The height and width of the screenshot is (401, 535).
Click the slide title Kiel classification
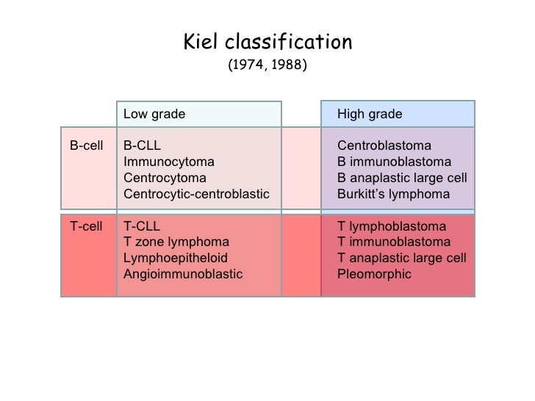[267, 43]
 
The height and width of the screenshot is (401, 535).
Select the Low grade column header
[154, 114]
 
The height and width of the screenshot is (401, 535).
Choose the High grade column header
[370, 114]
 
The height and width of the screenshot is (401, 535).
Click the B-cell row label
[86, 145]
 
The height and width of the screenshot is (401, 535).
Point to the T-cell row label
[86, 226]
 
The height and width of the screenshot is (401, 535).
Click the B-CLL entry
[141, 145]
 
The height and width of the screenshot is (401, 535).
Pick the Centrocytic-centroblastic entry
[197, 195]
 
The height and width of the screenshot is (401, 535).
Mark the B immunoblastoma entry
[393, 162]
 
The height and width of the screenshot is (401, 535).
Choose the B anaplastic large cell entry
[402, 178]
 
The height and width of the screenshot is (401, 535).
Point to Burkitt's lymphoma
[393, 195]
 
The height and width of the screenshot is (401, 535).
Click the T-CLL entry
[141, 226]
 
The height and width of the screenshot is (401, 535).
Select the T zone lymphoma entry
[176, 242]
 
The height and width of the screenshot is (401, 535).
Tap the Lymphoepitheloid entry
[176, 259]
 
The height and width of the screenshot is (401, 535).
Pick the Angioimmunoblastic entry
[183, 275]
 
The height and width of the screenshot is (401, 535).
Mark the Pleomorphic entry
[374, 275]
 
